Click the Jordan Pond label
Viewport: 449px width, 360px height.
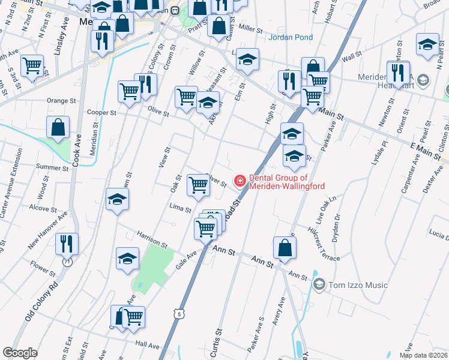tap(291, 37)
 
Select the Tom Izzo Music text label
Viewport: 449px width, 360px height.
tap(358, 285)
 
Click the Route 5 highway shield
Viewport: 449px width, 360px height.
tap(178, 314)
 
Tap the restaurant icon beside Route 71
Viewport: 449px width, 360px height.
tap(66, 244)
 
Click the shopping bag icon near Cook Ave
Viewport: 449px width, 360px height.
tap(58, 127)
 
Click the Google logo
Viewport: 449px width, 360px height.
tap(20, 353)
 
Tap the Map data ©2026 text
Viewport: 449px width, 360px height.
tap(423, 355)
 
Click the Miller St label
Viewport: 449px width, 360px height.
tap(250, 29)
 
